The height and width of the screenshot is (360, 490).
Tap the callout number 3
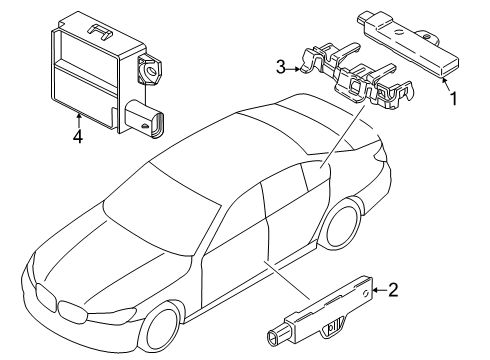283,68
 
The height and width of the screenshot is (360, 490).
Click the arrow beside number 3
294,69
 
